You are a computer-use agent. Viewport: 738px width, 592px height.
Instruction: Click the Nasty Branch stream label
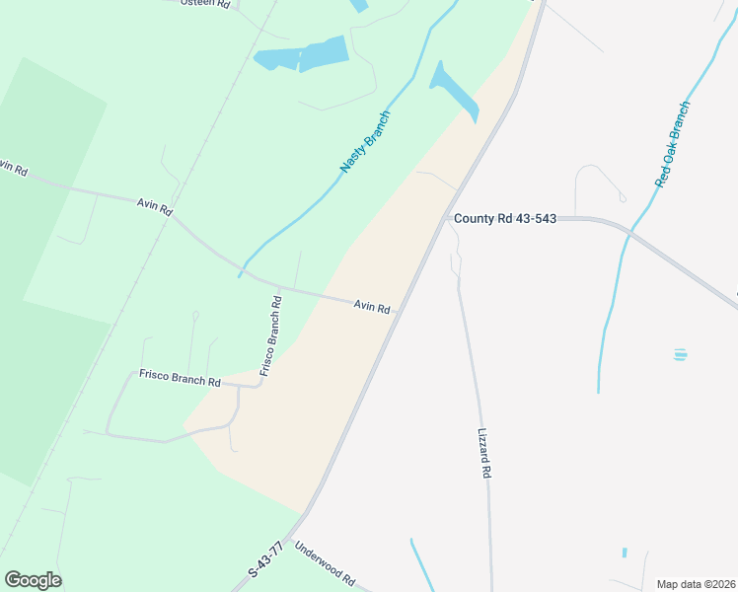(366, 143)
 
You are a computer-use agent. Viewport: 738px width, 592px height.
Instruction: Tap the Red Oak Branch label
(673, 143)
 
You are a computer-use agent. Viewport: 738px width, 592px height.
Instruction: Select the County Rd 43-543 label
(506, 218)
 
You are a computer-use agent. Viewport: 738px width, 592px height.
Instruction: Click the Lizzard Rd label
(483, 453)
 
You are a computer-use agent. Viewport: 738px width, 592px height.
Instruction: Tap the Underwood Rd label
(324, 563)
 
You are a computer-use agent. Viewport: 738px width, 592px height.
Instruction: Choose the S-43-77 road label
(265, 558)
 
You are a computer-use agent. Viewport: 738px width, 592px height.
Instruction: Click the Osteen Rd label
(205, 3)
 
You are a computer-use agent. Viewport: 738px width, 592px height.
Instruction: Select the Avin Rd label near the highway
(373, 308)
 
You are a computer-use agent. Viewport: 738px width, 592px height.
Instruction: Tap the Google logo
(33, 580)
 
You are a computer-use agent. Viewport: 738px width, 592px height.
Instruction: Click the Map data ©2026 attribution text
(696, 583)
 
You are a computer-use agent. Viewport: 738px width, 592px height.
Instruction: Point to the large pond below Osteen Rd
(304, 55)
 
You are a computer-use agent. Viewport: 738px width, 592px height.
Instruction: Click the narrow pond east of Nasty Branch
(454, 91)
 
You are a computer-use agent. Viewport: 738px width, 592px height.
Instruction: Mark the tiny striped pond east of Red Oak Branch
(680, 354)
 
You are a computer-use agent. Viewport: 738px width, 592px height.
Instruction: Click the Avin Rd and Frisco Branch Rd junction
(279, 289)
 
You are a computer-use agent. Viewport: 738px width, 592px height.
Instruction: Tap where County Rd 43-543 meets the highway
(446, 218)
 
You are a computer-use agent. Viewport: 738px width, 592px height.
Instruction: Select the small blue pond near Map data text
(625, 553)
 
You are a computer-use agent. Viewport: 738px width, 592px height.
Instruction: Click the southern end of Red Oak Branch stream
(598, 390)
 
